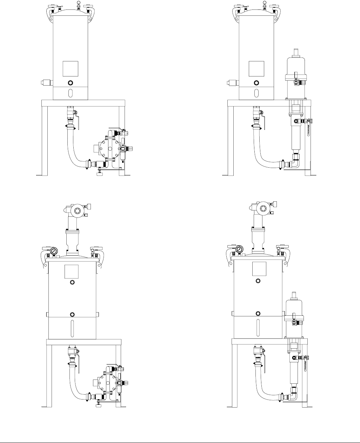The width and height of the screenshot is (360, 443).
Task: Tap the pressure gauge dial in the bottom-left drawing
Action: point(54,251)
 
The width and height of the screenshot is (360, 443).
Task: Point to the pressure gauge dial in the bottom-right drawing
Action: point(240,249)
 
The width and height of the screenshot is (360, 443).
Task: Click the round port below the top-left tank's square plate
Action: point(71,83)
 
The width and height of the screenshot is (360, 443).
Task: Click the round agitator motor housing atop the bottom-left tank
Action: point(77,211)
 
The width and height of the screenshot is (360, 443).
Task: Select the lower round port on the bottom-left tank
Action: point(72,314)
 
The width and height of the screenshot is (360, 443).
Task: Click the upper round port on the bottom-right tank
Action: point(258,281)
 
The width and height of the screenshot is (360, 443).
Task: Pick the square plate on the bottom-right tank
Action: point(258,268)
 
